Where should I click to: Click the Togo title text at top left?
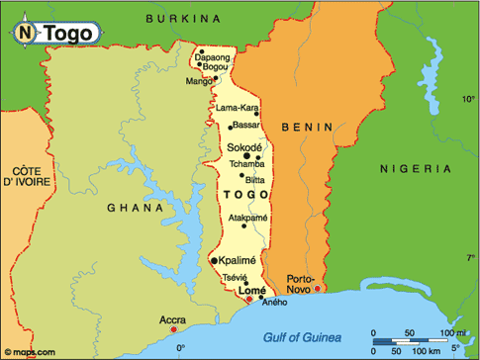69,33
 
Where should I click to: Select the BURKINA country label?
184,18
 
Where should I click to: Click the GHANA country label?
136,209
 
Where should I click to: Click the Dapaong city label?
211,57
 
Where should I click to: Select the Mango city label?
200,81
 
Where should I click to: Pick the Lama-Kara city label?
236,107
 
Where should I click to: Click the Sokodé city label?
245,146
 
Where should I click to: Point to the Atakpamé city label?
248,217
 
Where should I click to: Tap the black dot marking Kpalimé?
215,260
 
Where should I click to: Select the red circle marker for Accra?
161,317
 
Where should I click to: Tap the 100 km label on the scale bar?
429,351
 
